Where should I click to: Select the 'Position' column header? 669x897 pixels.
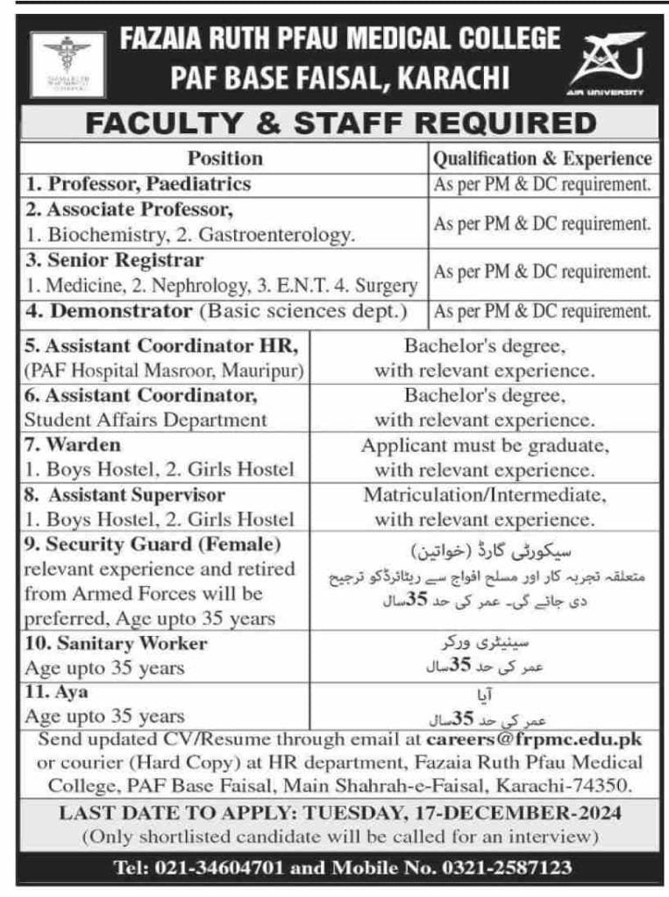coord(224,159)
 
